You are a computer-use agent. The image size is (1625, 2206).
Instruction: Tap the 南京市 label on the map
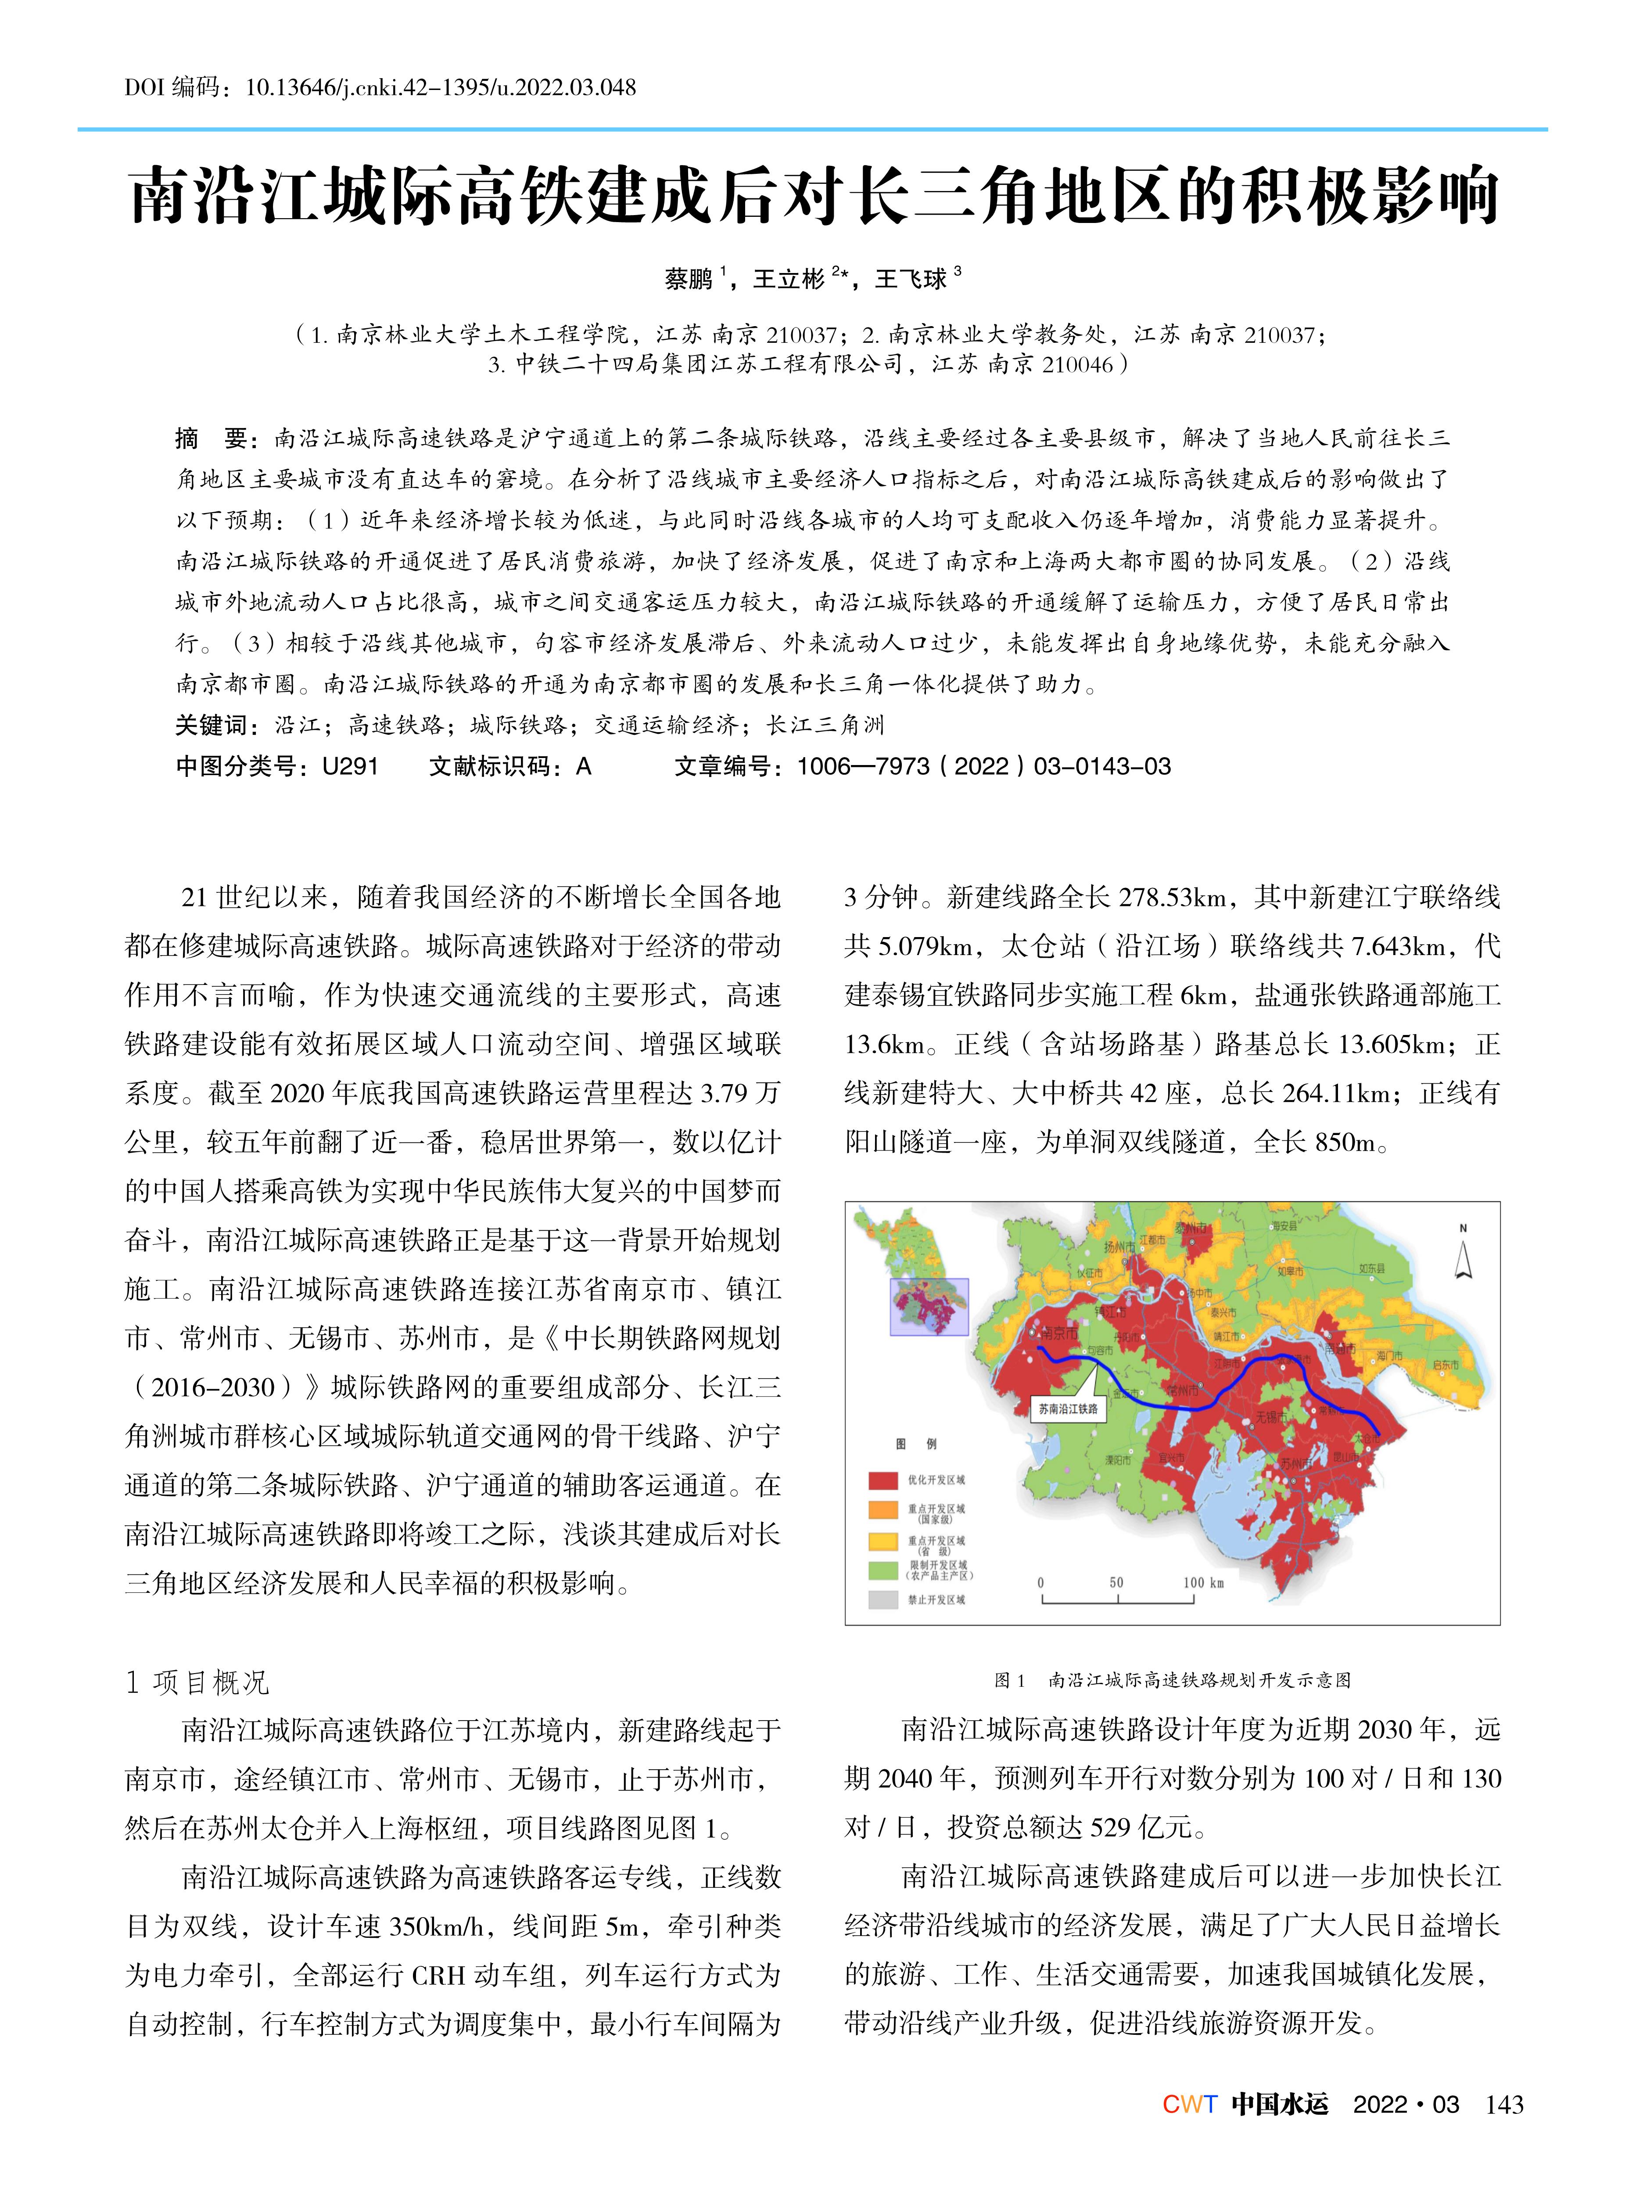(x=1059, y=1333)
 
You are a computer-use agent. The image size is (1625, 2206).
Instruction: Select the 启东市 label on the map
(x=1446, y=1365)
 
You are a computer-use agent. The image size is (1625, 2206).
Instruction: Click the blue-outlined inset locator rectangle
(x=929, y=1307)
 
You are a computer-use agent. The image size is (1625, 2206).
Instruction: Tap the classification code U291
(x=350, y=766)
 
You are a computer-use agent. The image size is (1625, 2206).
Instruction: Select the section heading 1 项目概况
(x=197, y=1682)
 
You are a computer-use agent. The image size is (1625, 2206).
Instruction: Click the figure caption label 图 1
(x=1009, y=1681)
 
